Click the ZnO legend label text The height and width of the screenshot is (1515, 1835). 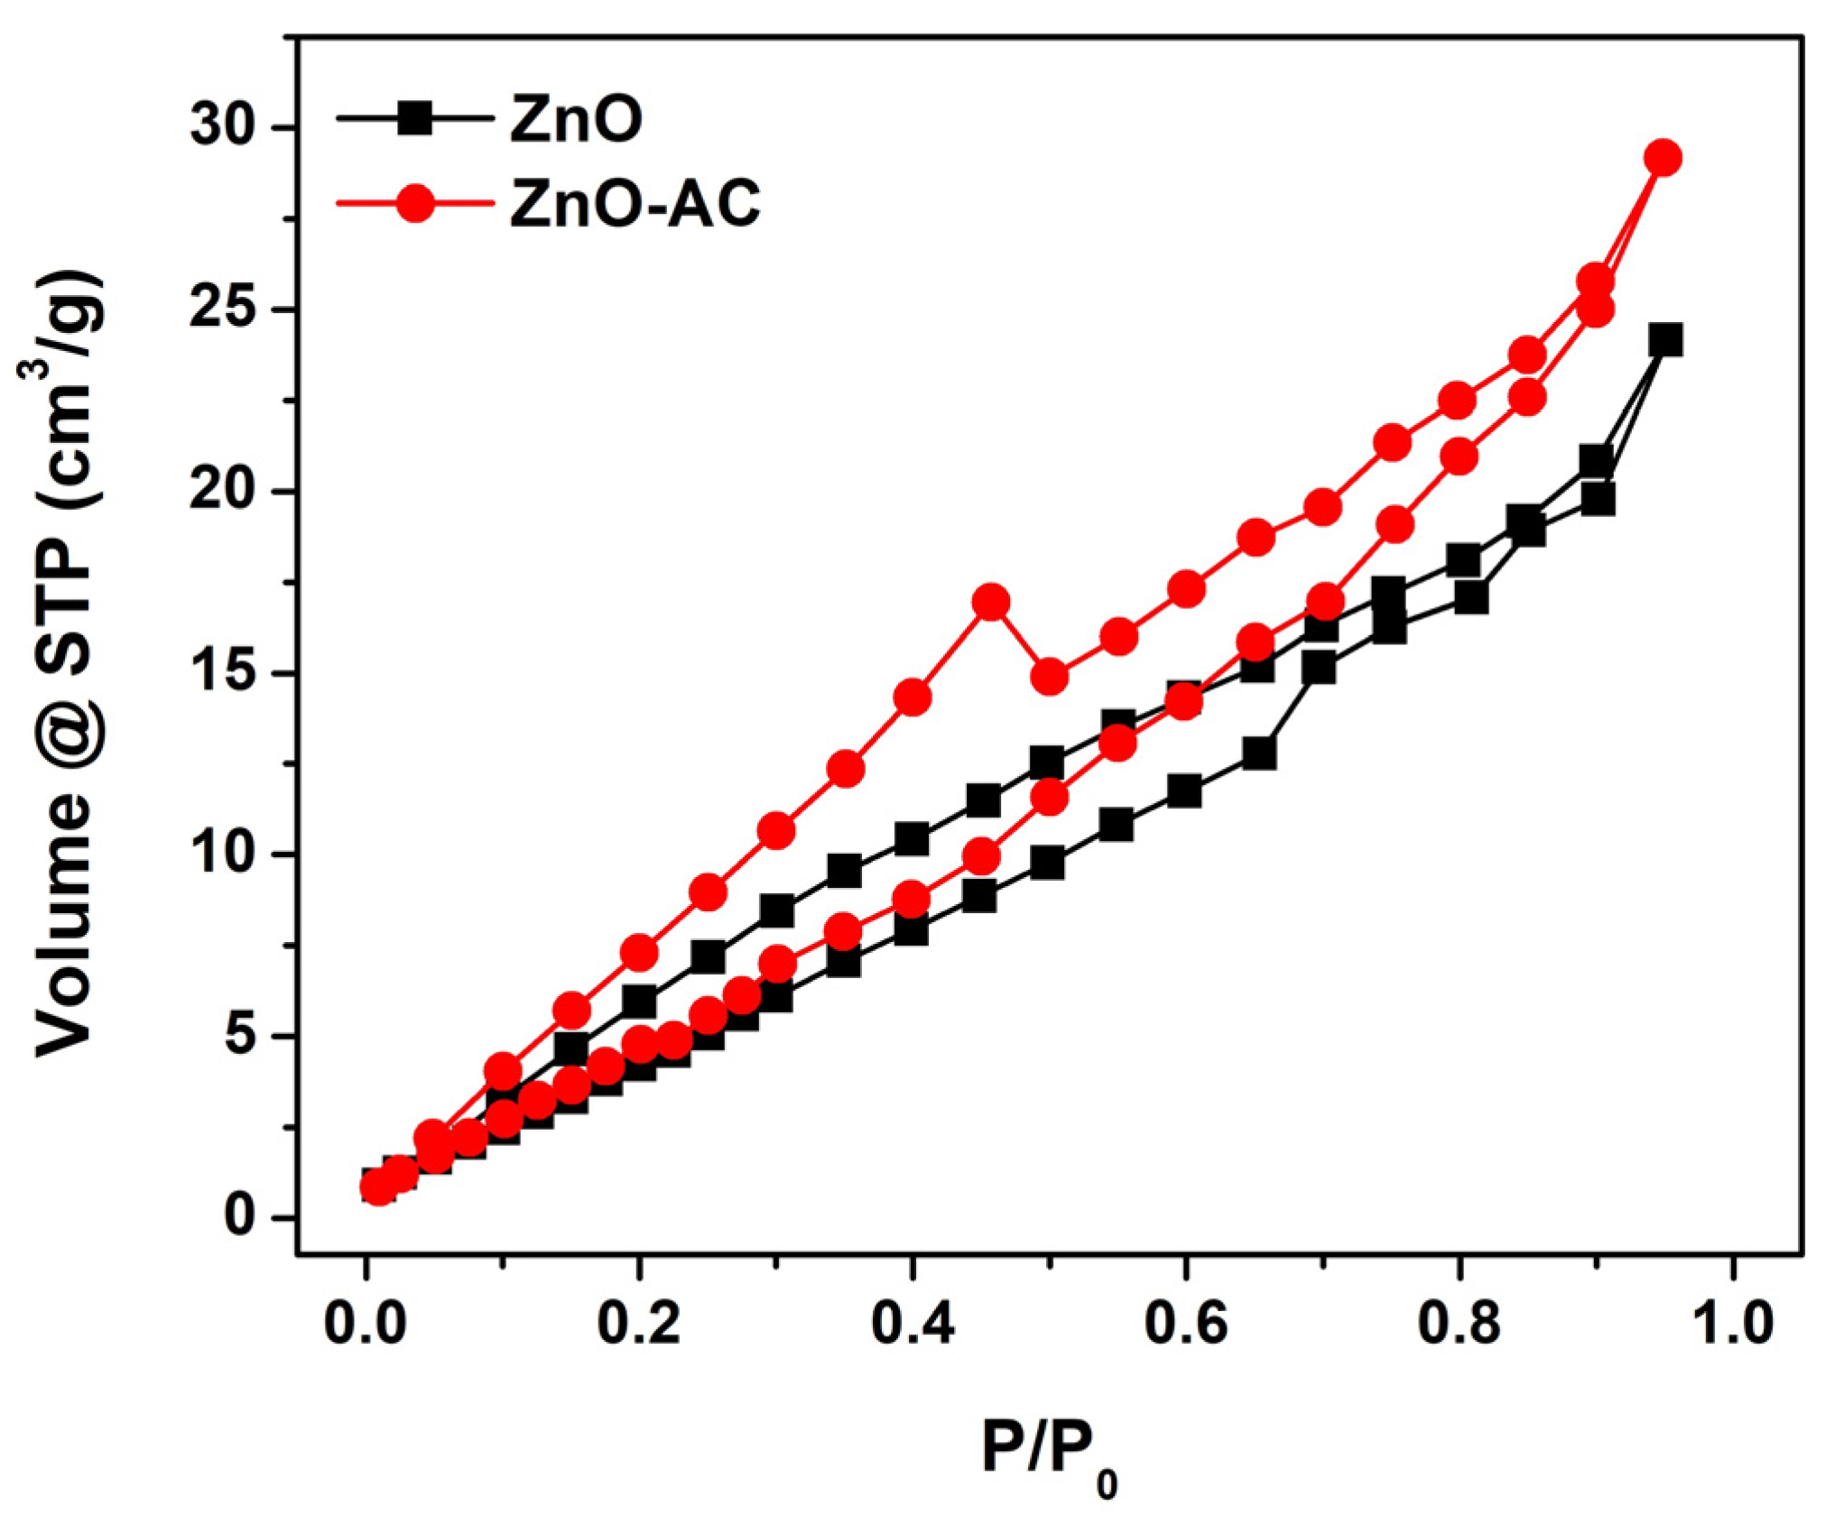[x=576, y=119]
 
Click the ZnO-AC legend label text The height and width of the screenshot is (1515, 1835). [x=635, y=203]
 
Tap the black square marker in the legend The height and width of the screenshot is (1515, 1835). [x=415, y=118]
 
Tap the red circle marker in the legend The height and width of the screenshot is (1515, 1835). [x=415, y=203]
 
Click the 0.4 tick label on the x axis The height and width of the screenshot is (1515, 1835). [x=913, y=1325]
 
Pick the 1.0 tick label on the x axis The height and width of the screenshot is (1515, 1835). [x=1732, y=1325]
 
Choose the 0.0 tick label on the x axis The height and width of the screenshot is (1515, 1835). [x=366, y=1325]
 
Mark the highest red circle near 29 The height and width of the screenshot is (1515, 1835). [x=1664, y=158]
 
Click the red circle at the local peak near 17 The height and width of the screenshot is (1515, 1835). [x=991, y=602]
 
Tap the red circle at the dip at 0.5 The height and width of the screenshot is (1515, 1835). [x=1050, y=677]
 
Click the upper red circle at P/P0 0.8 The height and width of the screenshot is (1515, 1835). [x=1458, y=400]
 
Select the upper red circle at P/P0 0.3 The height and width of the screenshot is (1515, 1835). [x=776, y=831]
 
